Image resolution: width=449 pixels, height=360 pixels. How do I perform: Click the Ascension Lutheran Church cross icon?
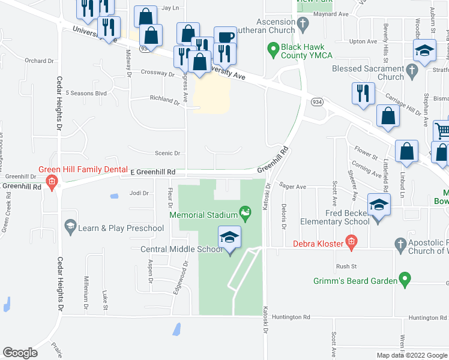point(304,25)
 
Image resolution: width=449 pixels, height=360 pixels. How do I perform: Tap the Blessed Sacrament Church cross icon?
point(411,72)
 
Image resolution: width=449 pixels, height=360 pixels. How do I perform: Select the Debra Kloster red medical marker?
point(352,244)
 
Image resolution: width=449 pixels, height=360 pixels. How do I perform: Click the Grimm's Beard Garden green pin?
point(405,280)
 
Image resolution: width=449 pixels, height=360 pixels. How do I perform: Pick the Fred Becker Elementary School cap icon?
point(379,205)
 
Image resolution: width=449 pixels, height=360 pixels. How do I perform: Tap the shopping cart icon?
point(442,130)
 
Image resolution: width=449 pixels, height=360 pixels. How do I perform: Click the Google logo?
point(20,353)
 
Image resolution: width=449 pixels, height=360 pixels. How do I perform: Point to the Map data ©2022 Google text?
point(412,355)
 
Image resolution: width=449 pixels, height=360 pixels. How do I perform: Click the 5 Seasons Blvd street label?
point(86,93)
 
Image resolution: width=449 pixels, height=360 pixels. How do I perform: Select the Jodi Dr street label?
point(139,193)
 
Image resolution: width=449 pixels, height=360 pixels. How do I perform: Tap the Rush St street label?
point(346,266)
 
